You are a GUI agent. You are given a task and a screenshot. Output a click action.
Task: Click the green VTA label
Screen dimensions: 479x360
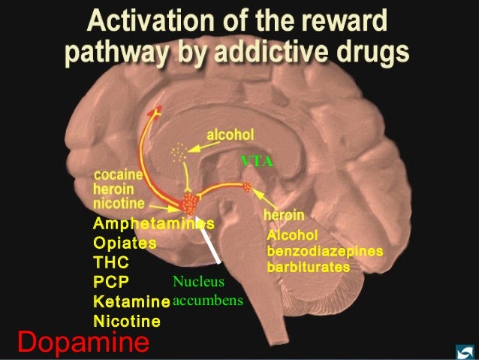(x=256, y=161)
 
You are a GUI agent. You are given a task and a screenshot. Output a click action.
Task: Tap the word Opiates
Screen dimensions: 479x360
(x=125, y=244)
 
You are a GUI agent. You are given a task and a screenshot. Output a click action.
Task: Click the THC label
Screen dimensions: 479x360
(x=111, y=263)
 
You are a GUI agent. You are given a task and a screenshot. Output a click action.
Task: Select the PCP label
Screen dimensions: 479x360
(x=110, y=283)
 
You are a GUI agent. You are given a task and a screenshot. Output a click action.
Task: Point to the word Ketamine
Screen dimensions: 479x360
(x=131, y=302)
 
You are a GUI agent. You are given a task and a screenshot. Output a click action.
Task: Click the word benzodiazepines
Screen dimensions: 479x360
(x=325, y=251)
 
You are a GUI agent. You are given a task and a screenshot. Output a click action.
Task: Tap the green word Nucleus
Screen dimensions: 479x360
(x=193, y=283)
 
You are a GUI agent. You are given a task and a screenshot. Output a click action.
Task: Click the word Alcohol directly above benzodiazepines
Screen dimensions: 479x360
(x=288, y=235)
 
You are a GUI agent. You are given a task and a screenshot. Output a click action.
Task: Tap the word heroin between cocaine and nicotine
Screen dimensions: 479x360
(x=114, y=189)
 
